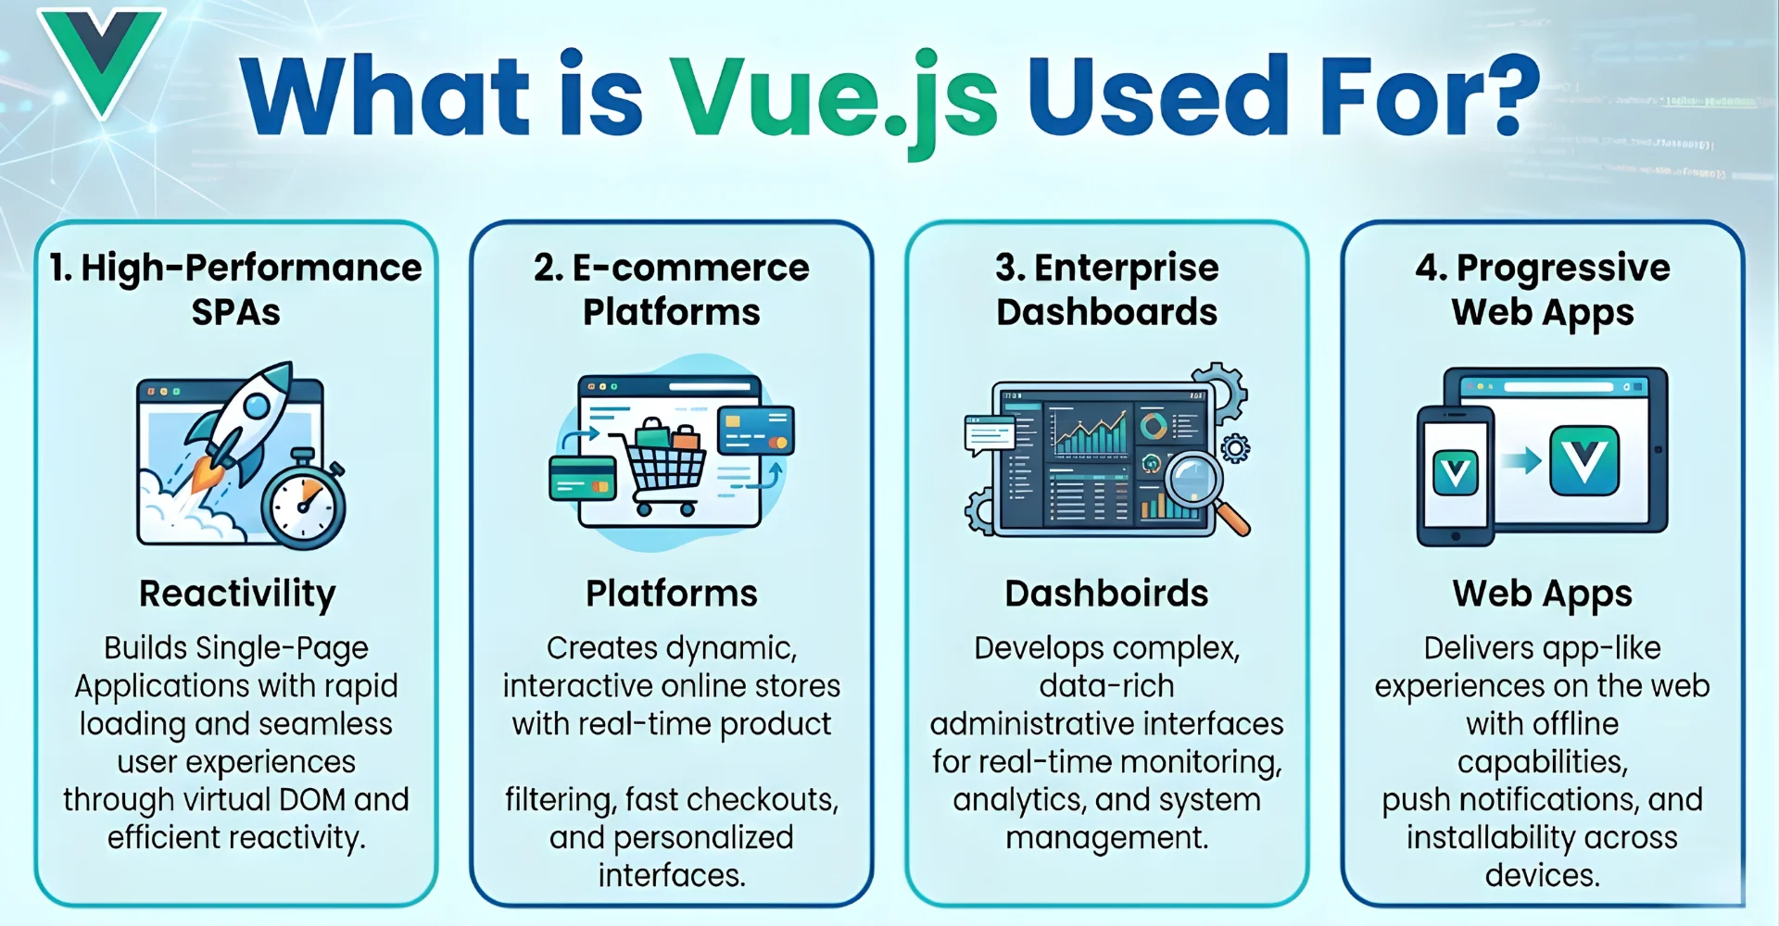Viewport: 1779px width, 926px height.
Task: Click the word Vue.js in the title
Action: [834, 98]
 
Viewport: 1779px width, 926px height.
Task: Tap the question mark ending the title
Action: [1506, 93]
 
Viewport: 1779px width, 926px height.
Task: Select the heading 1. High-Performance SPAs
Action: [235, 289]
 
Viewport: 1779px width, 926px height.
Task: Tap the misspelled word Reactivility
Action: [237, 594]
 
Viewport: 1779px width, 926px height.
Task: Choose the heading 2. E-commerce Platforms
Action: [671, 289]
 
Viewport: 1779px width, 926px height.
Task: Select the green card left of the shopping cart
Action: [582, 478]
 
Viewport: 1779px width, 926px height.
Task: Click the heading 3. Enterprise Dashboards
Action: [1106, 289]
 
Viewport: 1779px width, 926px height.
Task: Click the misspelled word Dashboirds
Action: [1106, 594]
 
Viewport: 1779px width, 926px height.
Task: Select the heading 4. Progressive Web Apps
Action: [1542, 289]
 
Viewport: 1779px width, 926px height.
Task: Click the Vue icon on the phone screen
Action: [1455, 473]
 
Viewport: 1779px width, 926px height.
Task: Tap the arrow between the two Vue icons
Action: [1520, 460]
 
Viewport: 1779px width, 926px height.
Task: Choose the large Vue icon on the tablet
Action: [1584, 459]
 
